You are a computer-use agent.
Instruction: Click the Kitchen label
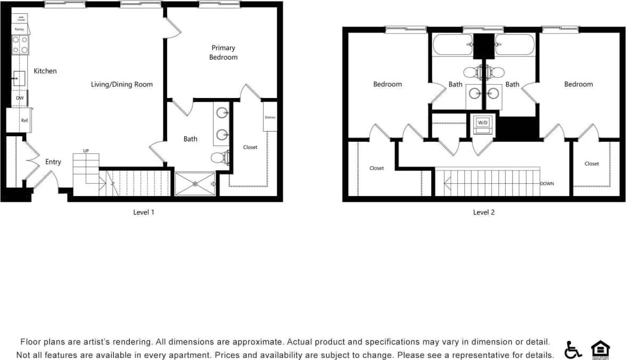click(x=45, y=71)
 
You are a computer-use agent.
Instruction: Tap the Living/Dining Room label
click(x=121, y=84)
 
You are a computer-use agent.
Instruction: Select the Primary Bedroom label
click(x=223, y=52)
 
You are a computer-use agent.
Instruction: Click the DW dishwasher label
click(x=20, y=98)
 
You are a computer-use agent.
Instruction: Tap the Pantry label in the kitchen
click(x=19, y=29)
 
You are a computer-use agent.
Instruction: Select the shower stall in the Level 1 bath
click(x=195, y=184)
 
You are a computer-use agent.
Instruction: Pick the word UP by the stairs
click(x=86, y=151)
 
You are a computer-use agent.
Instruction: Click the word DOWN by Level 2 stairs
click(x=547, y=184)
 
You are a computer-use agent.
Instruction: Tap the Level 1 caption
click(x=144, y=212)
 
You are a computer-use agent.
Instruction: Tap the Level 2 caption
click(x=484, y=212)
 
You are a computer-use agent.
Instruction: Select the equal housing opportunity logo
click(x=600, y=350)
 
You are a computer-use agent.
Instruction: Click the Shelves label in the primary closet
click(x=270, y=118)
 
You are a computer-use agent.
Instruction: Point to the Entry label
click(x=53, y=162)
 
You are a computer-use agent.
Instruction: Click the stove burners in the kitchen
click(x=20, y=45)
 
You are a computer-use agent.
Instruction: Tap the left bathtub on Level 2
click(x=452, y=45)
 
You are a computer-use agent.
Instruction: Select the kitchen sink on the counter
click(x=19, y=79)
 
